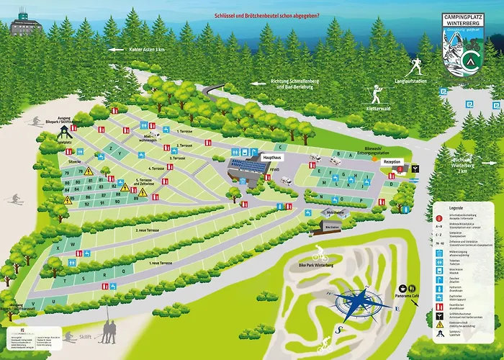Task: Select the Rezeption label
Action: click(392, 161)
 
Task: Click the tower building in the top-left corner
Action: click(27, 27)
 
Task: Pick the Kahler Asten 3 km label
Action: click(145, 50)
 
